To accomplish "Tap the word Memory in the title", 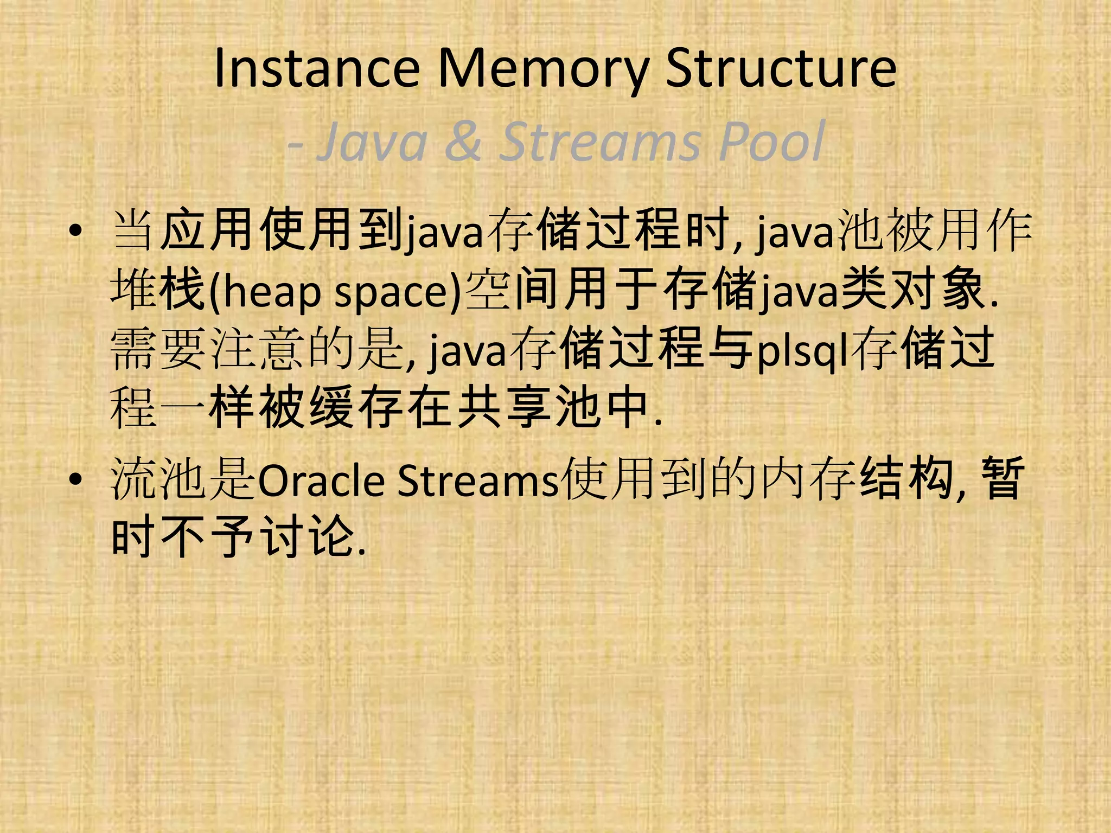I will (543, 69).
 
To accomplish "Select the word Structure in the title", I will (781, 69).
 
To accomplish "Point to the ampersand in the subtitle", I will (463, 142).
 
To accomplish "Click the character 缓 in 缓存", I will (330, 408).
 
